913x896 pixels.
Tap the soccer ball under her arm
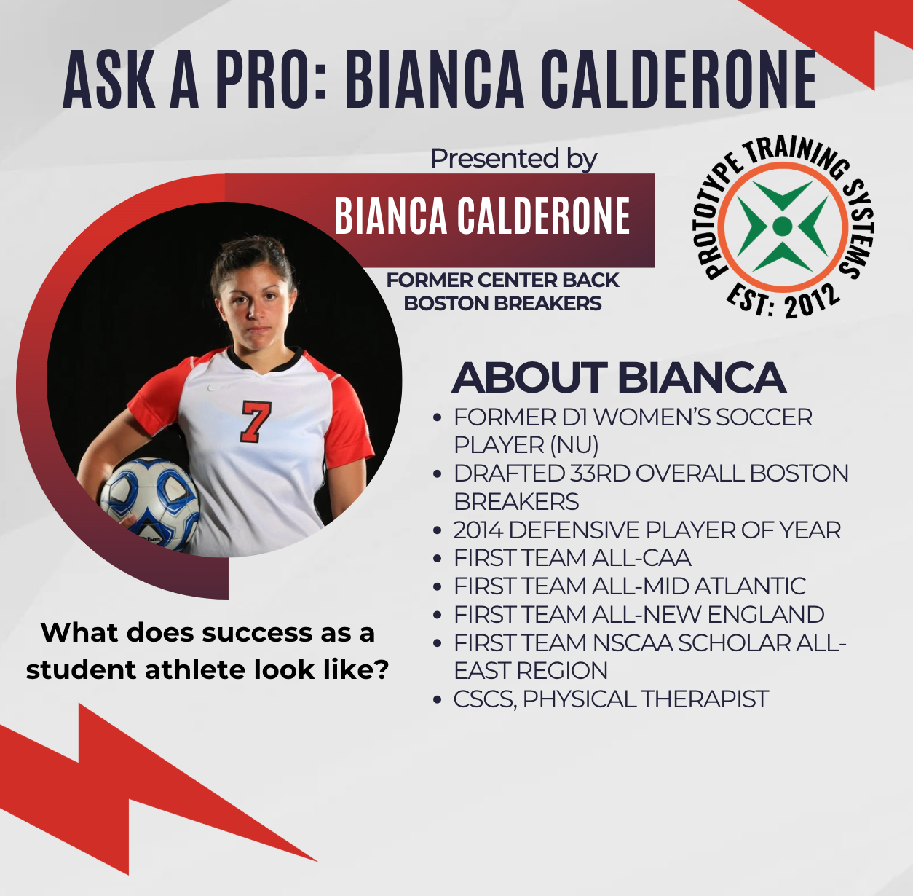tap(150, 503)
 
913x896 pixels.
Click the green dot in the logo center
tap(782, 226)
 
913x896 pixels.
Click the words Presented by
tap(513, 159)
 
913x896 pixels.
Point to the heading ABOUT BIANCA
tap(619, 377)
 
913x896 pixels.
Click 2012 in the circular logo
tap(812, 302)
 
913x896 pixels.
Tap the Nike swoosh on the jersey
tap(215, 388)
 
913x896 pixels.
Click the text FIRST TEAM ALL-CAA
tap(572, 557)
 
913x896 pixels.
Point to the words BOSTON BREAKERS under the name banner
tap(502, 304)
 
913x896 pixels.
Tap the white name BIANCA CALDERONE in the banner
tap(482, 216)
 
